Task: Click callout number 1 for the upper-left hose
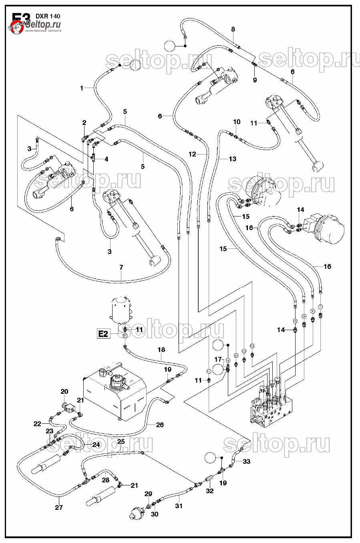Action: click(x=82, y=88)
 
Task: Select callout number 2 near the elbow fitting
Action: click(x=84, y=122)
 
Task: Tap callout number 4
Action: click(x=106, y=159)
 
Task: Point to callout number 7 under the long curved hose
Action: click(x=121, y=267)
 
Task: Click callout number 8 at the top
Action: click(x=233, y=29)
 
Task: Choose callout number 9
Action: click(x=255, y=80)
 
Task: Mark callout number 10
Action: click(x=237, y=122)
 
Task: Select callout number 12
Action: click(x=193, y=154)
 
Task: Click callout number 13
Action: click(x=232, y=159)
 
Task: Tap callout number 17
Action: click(x=218, y=359)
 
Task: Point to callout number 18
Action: click(x=161, y=350)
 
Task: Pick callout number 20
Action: click(x=64, y=391)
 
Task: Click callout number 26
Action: click(x=160, y=425)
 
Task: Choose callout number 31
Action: click(x=179, y=506)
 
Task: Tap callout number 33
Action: click(x=246, y=461)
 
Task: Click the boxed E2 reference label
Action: click(x=103, y=334)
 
